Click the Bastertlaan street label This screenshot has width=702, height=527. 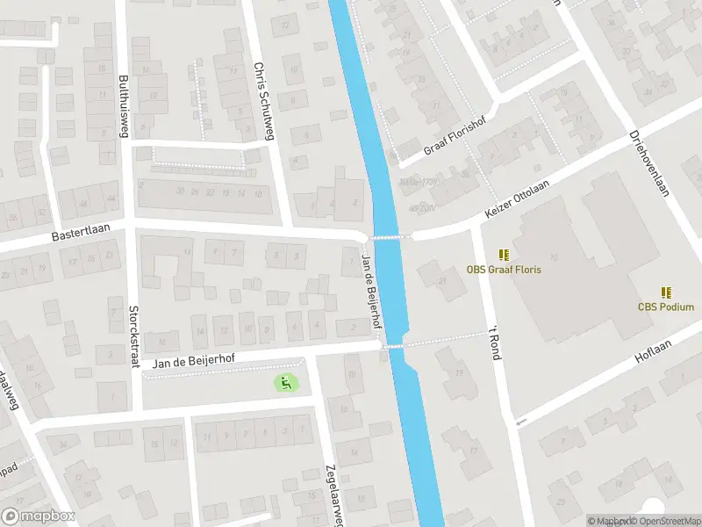pyautogui.click(x=79, y=236)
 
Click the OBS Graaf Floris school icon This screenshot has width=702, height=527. pyautogui.click(x=504, y=255)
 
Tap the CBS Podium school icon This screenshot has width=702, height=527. pyautogui.click(x=666, y=292)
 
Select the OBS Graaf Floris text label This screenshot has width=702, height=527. pyautogui.click(x=504, y=270)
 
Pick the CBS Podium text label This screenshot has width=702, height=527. pyautogui.click(x=666, y=307)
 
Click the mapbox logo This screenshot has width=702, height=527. pyautogui.click(x=39, y=516)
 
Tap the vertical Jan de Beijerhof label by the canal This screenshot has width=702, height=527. pyautogui.click(x=372, y=291)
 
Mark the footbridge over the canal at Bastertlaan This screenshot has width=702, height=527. pyautogui.click(x=387, y=236)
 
